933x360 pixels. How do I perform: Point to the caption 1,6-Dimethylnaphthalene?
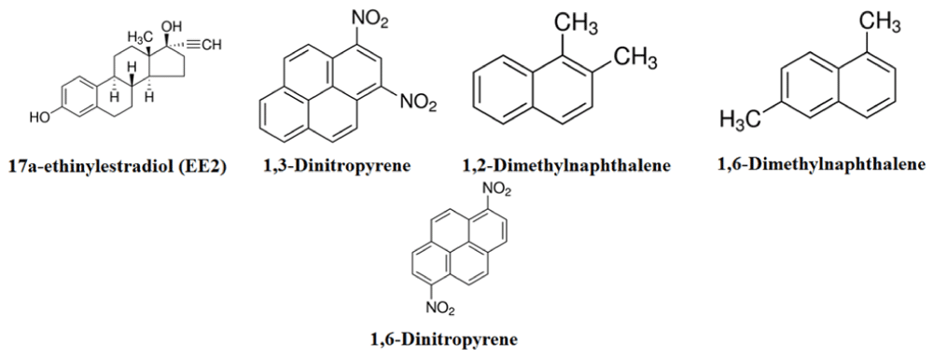[x=822, y=163]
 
